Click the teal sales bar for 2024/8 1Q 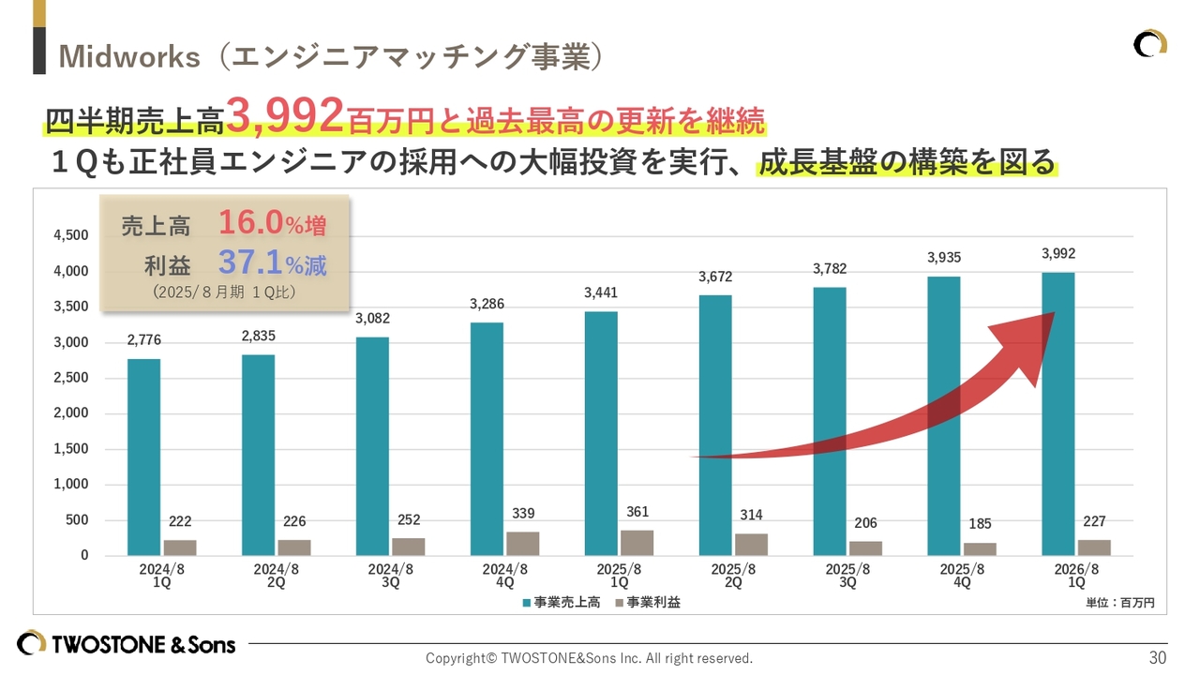coord(143,457)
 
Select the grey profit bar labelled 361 coord(637,543)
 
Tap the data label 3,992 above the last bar coord(1057,253)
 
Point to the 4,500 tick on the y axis coord(70,235)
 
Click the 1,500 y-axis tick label coord(70,449)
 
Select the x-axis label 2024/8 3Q coord(390,576)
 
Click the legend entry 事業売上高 coord(560,603)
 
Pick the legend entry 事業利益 coord(646,603)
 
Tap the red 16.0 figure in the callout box coord(250,223)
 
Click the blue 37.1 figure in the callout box coord(250,263)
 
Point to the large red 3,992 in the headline coord(284,117)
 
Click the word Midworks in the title coord(129,56)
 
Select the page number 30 coord(1158,658)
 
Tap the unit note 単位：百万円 coord(1120,603)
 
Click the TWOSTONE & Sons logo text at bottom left coord(143,644)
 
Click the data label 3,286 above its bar coord(486,304)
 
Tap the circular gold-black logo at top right coord(1150,44)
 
